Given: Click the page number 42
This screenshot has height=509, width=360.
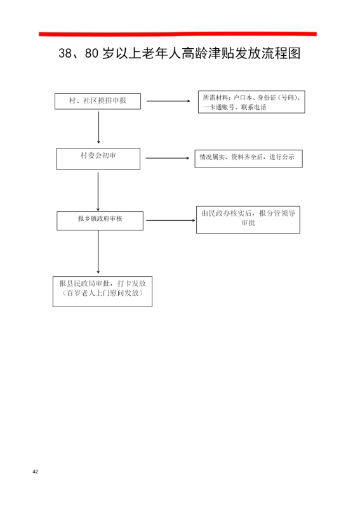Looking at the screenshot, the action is coord(36,472).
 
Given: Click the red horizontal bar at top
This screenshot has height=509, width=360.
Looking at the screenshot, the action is coord(178,34).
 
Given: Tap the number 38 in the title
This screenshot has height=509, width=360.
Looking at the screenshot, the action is coord(65,53).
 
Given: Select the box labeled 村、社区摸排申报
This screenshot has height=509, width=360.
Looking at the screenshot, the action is coord(98,102).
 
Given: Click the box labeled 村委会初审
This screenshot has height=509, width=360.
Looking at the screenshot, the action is coord(98,159).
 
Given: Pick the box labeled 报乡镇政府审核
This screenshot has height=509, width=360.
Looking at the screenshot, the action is coord(100,221).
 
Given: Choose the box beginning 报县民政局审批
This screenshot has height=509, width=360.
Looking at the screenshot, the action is coord(103,291).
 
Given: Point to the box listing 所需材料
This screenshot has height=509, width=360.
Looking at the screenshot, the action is coord(251,102).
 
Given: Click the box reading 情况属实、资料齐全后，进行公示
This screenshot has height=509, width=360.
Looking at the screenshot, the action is coord(249,159).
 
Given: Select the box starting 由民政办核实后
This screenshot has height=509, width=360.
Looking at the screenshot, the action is coord(248,220).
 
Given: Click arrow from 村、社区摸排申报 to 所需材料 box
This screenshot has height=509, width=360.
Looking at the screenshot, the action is coord(168,101).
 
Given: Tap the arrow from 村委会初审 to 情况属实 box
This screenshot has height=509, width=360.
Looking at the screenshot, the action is coord(168,158).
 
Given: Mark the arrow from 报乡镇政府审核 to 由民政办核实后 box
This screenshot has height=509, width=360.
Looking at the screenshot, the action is coord(171,220).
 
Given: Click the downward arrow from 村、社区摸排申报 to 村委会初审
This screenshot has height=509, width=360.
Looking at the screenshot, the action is coord(98,127).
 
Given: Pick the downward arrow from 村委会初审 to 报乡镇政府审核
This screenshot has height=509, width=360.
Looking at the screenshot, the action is coord(98,192).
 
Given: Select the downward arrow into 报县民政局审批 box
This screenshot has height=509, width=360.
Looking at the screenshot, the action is coord(98,252).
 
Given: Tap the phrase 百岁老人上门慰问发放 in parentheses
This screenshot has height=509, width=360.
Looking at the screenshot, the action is coord(103,293).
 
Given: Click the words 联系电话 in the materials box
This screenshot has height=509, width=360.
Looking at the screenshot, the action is coord(253,107).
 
